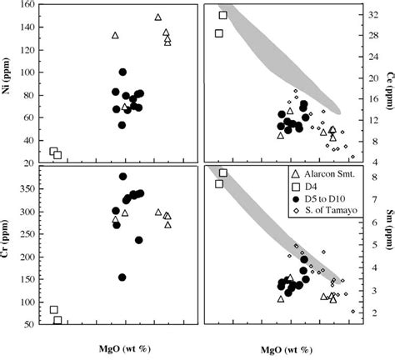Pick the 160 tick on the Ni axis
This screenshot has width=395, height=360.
(x=32, y=5)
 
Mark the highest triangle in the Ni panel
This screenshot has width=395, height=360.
(x=158, y=17)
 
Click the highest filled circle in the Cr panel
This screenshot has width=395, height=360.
(x=123, y=177)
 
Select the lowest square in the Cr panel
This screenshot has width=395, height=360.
(x=57, y=320)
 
